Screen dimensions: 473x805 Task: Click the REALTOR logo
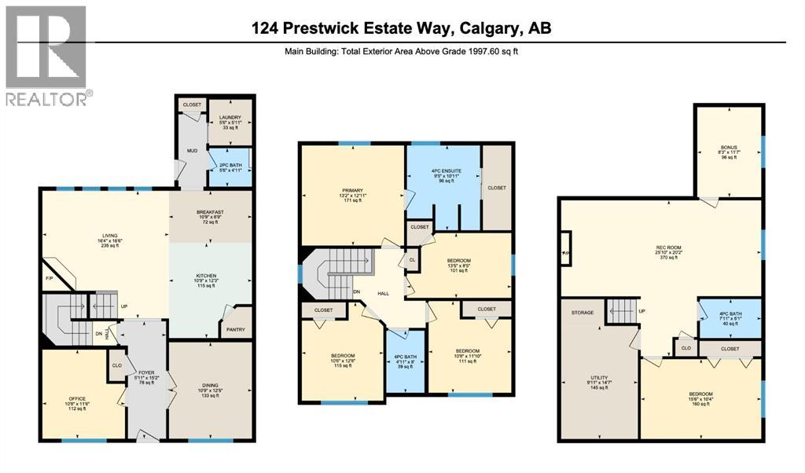(46, 55)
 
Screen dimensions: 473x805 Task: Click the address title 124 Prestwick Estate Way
(401, 28)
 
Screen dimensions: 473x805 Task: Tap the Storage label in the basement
(583, 313)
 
